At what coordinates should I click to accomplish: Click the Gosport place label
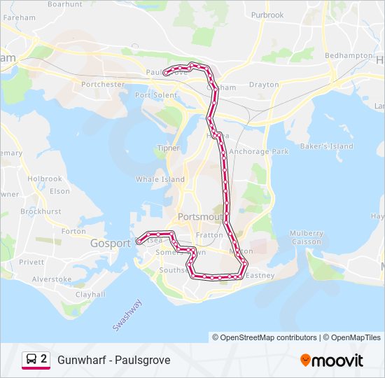(111, 243)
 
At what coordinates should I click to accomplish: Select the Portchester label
(103, 85)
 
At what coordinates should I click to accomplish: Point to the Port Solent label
(156, 95)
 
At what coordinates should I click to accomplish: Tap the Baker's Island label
(327, 146)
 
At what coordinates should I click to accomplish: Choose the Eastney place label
(260, 276)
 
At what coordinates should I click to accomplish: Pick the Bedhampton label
(349, 55)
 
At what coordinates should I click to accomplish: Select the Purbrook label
(267, 15)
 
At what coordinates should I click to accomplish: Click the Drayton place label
(264, 85)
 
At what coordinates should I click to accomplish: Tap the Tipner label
(169, 148)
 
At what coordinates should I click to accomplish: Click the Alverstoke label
(52, 279)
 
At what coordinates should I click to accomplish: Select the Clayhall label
(90, 295)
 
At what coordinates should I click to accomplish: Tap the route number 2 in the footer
(44, 360)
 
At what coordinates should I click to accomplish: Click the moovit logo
(332, 360)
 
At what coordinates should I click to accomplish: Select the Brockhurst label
(41, 211)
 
